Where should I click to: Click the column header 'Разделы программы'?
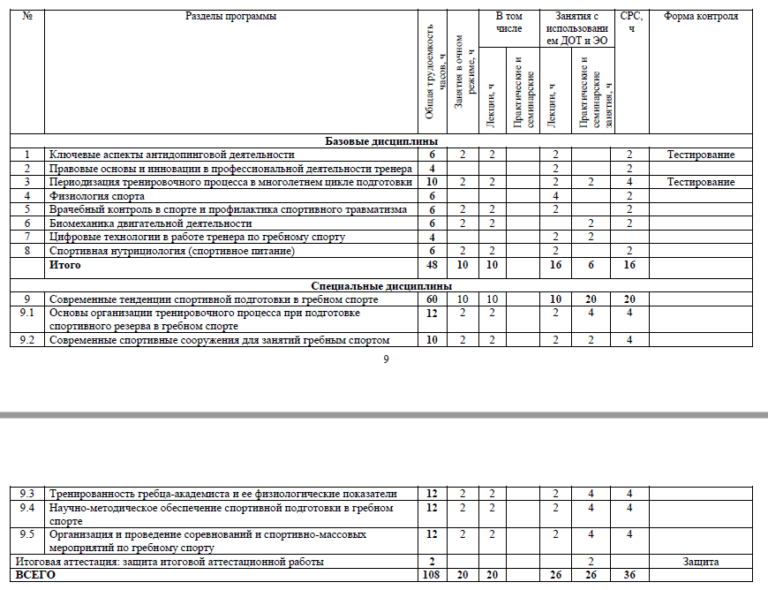(x=231, y=16)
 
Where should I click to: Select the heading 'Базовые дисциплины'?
(x=381, y=141)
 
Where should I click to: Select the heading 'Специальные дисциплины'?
(x=381, y=286)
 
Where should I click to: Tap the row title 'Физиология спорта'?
(x=94, y=195)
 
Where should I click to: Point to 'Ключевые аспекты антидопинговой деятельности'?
(x=171, y=155)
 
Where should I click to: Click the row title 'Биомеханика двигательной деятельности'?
(x=150, y=223)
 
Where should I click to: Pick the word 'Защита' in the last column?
(x=701, y=562)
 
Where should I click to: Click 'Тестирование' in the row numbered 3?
(x=701, y=182)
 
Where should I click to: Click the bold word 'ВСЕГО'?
(x=35, y=575)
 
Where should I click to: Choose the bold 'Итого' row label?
(x=65, y=264)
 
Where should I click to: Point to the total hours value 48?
(x=433, y=264)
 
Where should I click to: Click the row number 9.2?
(x=26, y=340)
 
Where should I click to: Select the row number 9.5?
(x=26, y=534)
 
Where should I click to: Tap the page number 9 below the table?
(x=386, y=359)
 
